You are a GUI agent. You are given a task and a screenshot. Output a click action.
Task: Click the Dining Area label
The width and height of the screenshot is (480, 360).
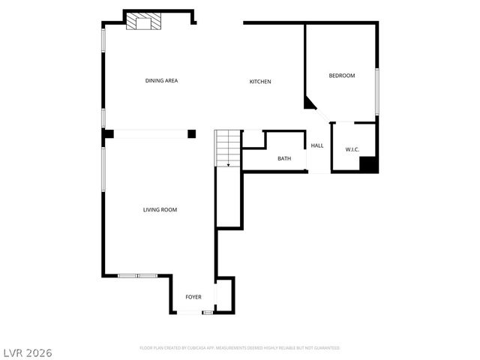coord(161,80)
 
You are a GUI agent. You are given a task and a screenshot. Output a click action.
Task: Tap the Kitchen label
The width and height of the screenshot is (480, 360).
coord(260,82)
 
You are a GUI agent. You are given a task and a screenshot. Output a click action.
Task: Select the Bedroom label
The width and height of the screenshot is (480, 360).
coord(341,76)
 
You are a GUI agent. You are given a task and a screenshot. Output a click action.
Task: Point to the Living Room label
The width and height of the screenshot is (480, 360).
coord(160,210)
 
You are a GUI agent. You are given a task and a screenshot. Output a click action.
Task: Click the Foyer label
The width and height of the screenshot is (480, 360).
coord(193,298)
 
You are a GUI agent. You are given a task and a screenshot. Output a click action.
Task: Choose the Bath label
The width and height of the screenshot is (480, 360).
coord(284,158)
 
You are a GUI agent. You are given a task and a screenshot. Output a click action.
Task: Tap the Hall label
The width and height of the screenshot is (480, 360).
coord(317,145)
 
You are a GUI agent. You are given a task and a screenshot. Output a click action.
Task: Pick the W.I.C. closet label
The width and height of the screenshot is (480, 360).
coord(352,150)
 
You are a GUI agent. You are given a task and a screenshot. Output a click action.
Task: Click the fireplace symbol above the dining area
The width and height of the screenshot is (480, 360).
coord(142,22)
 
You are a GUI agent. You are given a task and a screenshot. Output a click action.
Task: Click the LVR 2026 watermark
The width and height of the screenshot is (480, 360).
coord(27,352)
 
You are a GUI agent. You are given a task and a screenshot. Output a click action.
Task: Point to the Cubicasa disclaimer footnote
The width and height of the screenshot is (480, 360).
coord(240,348)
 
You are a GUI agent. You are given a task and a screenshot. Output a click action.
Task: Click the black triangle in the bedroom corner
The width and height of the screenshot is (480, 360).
coord(309,103)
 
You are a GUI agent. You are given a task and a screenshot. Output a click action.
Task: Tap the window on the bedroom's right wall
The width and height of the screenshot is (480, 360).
coord(377,92)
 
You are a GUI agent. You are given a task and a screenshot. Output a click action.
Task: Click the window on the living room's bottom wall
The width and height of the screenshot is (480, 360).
coord(137,276)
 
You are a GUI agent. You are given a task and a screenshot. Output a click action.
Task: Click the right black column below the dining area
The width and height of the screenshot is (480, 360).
coord(192,133)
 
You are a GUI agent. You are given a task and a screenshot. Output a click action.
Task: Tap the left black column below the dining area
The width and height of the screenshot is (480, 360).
coord(109,133)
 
